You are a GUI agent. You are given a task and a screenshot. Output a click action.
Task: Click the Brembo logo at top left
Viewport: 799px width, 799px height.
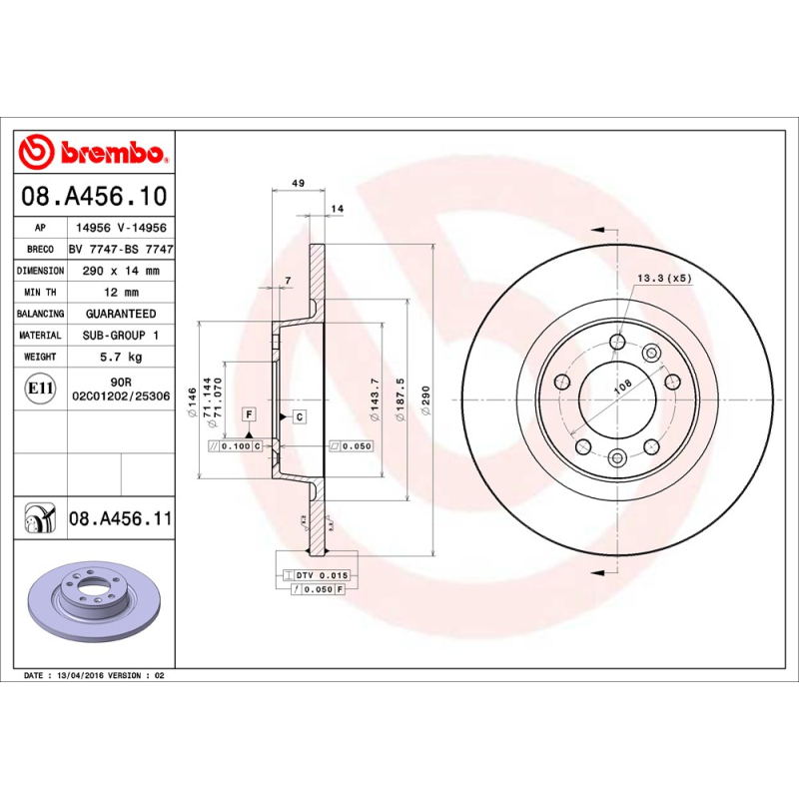coord(92,153)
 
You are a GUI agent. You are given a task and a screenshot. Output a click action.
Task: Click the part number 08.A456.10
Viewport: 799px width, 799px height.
coord(118,197)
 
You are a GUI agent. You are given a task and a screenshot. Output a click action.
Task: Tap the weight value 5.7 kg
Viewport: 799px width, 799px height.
coord(121,357)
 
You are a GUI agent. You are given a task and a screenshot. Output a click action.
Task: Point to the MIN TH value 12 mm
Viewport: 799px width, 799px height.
coord(121,292)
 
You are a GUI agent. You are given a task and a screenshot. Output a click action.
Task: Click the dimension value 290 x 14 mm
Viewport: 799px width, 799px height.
coord(121,271)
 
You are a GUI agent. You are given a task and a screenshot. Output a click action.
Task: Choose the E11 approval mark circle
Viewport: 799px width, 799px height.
coord(39,388)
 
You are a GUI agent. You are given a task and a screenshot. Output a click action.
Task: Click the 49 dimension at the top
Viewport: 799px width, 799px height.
coord(298,184)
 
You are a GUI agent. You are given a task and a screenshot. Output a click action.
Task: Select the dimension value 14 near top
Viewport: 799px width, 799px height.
coord(337,208)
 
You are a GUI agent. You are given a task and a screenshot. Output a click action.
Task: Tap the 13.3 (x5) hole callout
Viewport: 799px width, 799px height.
coord(664,278)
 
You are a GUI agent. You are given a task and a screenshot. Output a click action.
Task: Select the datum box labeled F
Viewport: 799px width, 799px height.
coord(248,413)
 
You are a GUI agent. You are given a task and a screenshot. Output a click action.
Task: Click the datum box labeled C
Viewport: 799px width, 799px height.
coord(298,414)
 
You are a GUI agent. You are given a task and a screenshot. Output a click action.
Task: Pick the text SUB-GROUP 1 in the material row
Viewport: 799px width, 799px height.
coord(121,336)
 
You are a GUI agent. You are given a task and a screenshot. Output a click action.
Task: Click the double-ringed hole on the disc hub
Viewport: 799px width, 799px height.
coord(651,352)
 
